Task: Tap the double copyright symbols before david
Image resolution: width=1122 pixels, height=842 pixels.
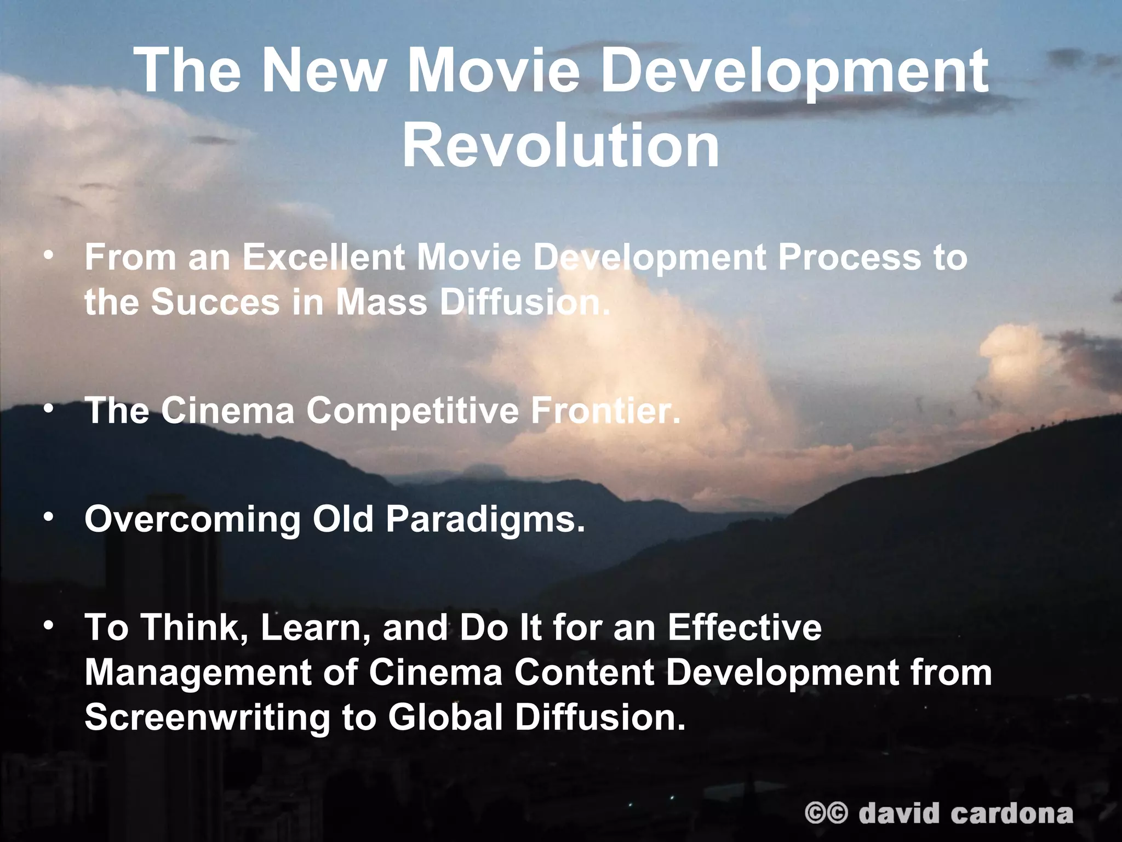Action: coord(826,813)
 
